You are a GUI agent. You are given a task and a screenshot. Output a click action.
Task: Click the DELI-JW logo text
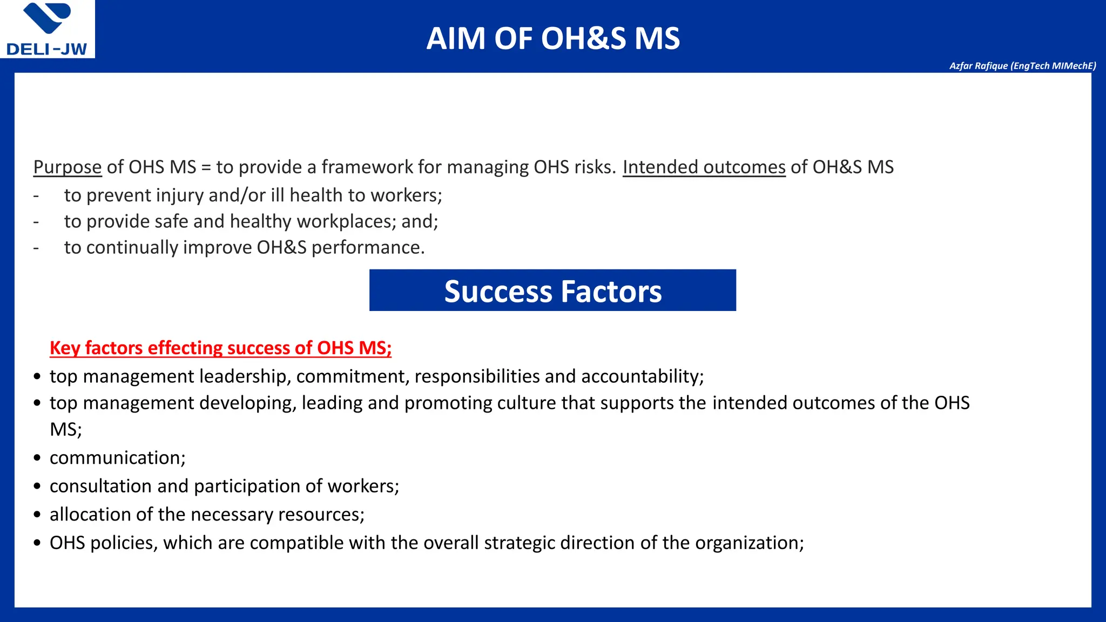point(46,49)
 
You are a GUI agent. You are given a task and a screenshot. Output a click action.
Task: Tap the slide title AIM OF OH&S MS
point(552,38)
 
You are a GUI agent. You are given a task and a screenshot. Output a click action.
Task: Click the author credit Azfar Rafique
point(1022,66)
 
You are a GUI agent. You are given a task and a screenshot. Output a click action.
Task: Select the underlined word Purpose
point(68,167)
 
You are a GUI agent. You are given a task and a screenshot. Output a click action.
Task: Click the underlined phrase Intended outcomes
point(704,167)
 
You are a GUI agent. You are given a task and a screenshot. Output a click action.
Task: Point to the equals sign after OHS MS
point(206,167)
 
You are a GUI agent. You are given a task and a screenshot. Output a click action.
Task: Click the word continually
point(132,247)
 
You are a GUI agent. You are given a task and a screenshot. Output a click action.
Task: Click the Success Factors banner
point(552,291)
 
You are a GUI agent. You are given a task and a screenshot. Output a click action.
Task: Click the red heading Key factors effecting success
point(220,348)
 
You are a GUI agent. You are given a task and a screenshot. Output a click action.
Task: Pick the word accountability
point(642,376)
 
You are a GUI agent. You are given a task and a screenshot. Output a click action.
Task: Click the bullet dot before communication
point(37,458)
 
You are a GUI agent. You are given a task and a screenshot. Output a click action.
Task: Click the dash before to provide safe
point(36,222)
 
